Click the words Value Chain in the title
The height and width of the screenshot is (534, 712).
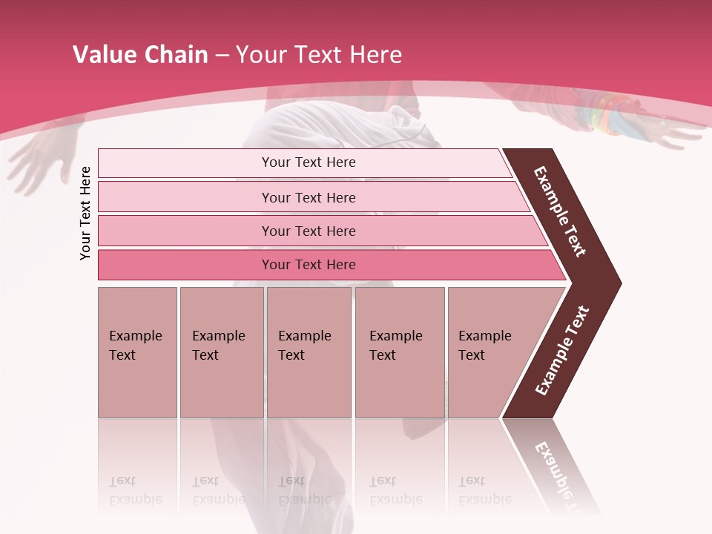(140, 55)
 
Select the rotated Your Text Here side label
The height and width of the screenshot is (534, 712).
(85, 213)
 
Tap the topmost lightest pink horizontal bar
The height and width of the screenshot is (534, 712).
(309, 162)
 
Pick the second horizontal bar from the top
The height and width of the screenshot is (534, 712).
(309, 197)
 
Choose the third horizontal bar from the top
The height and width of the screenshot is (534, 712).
(309, 231)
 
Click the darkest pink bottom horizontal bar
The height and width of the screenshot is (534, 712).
(309, 265)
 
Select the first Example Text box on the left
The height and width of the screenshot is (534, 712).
(137, 352)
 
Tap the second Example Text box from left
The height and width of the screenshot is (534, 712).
(221, 352)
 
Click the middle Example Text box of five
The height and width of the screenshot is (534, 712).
(309, 352)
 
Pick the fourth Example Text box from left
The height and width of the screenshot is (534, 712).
(399, 352)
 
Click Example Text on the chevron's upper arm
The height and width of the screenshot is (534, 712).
(560, 211)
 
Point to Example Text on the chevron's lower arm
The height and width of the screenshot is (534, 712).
(562, 350)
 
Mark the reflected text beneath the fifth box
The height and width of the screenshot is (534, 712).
(484, 490)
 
